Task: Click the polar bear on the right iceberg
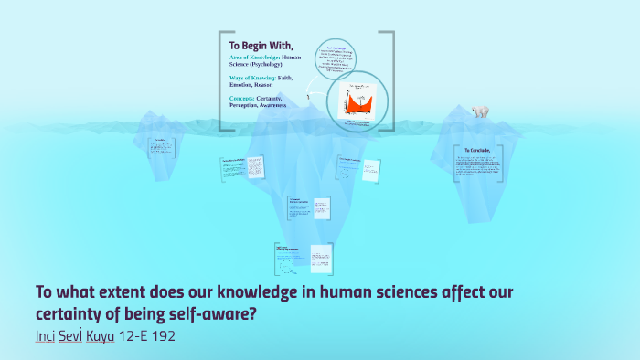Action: [479, 112]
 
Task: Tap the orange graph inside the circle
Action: [357, 100]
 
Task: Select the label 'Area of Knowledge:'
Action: [254, 58]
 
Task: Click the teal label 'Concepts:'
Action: [241, 98]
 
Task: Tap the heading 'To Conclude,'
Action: [477, 149]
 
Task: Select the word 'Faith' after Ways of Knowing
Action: [293, 78]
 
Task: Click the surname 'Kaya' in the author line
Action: [101, 336]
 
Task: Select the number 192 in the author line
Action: [162, 336]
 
